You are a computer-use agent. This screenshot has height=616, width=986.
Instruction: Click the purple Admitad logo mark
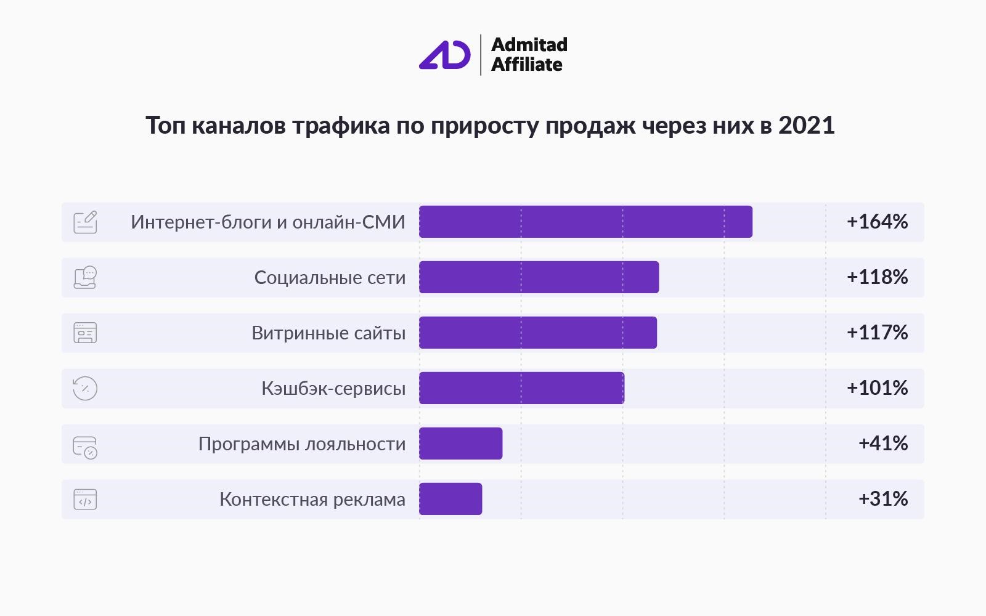[445, 55]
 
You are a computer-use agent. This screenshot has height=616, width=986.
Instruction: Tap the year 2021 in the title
[806, 125]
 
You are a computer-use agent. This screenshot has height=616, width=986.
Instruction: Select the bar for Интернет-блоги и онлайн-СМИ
[585, 222]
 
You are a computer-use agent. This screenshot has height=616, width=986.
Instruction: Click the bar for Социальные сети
[539, 277]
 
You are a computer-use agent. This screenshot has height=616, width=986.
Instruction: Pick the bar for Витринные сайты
[538, 333]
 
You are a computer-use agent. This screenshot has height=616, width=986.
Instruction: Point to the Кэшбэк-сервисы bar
[521, 388]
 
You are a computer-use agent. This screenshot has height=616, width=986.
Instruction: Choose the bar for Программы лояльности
[461, 444]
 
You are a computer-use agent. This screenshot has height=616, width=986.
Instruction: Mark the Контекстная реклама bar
[450, 499]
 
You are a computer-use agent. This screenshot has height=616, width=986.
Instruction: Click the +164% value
[877, 222]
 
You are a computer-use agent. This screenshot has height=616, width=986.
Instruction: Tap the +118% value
[877, 277]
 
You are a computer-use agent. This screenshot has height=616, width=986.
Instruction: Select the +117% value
[877, 333]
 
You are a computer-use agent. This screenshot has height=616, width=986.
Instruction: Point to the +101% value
[877, 388]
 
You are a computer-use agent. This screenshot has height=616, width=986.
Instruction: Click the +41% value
[882, 444]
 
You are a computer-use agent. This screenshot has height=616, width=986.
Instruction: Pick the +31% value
[882, 499]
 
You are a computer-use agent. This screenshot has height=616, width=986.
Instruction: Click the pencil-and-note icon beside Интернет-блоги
[86, 222]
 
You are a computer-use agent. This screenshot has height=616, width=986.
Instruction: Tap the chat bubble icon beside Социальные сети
[86, 277]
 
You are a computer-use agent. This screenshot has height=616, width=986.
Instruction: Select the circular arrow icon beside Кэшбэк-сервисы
[85, 388]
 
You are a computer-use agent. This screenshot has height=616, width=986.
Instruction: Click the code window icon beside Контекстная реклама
[85, 499]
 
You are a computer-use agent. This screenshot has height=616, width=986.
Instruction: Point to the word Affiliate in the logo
[527, 65]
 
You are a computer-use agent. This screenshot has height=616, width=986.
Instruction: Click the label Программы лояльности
[302, 444]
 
